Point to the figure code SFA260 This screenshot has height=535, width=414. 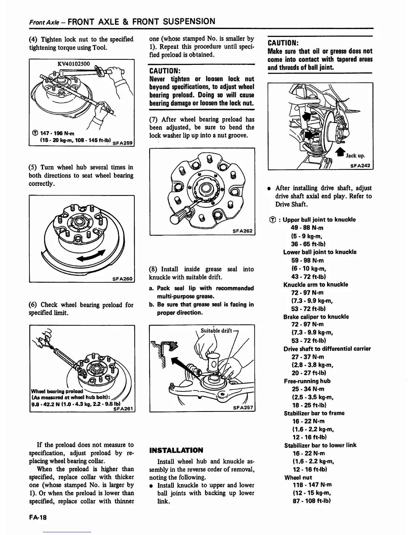123,279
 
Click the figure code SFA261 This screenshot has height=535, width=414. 123,409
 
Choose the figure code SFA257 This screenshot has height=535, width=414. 243,408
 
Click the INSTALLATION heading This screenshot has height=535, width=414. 176,450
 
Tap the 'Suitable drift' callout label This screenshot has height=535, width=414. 216,331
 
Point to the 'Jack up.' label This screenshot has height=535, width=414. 355,156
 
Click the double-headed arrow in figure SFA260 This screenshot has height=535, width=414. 92,256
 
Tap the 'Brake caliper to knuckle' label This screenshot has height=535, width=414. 316,317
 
